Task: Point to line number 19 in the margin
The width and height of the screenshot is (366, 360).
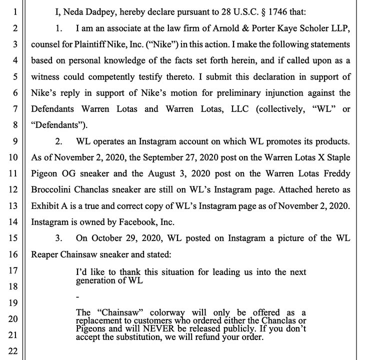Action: [13, 302]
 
